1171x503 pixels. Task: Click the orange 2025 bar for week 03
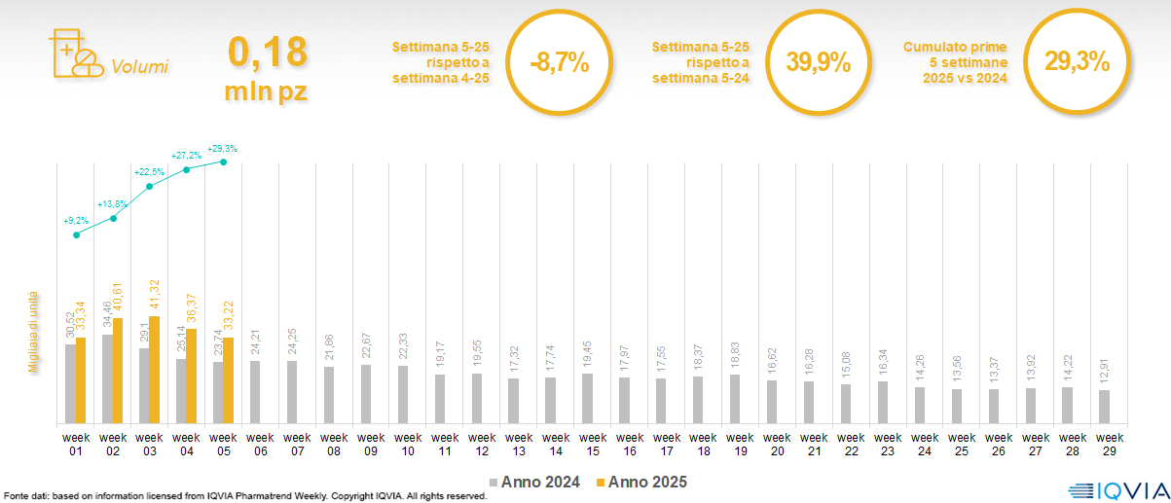tap(155, 370)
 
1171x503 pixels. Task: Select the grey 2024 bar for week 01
tap(70, 383)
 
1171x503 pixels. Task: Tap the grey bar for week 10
tap(403, 394)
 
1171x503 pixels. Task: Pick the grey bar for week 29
tap(1104, 406)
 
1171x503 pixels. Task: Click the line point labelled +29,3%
tap(224, 162)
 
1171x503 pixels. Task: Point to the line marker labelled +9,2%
tap(77, 234)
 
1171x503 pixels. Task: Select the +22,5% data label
tap(149, 172)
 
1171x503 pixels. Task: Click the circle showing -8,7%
tap(560, 63)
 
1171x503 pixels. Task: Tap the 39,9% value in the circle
tap(819, 63)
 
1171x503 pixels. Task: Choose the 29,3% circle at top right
tap(1078, 62)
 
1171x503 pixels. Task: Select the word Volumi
tap(139, 67)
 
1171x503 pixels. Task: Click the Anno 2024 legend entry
tap(534, 482)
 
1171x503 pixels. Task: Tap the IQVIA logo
tap(1116, 489)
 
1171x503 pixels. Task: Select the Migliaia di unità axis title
tap(33, 332)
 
